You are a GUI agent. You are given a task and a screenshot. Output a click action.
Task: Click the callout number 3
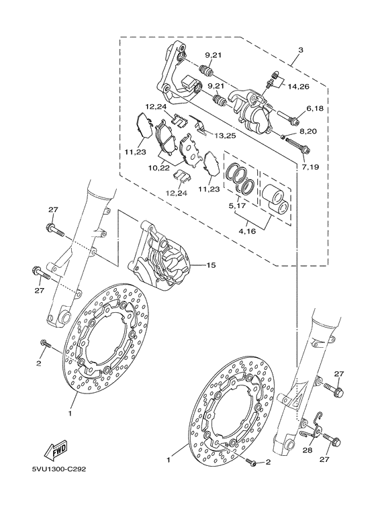coord(301,51)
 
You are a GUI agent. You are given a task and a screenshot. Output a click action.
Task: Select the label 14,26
coord(299,87)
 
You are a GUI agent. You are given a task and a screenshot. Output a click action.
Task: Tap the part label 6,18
coord(316,108)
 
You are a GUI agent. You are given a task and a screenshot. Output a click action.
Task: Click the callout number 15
coord(210,266)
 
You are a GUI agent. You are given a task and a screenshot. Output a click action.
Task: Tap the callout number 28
coord(308,452)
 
